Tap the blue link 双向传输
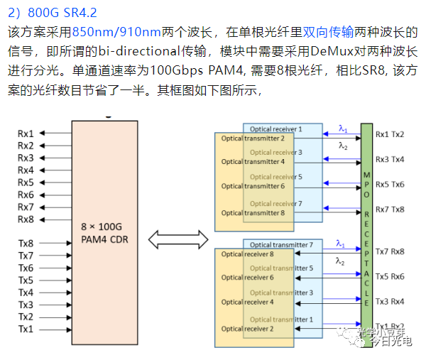329,32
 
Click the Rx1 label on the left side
26,133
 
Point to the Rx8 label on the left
26,219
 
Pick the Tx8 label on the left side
26,243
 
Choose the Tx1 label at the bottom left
26,329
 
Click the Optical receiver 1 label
276,129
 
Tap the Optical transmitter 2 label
252,138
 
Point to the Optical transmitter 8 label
252,213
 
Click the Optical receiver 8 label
248,254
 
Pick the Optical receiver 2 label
248,329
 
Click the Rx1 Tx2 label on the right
390,133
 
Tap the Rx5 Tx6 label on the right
390,184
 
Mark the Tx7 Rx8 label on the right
390,251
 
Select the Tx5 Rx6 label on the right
390,276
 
